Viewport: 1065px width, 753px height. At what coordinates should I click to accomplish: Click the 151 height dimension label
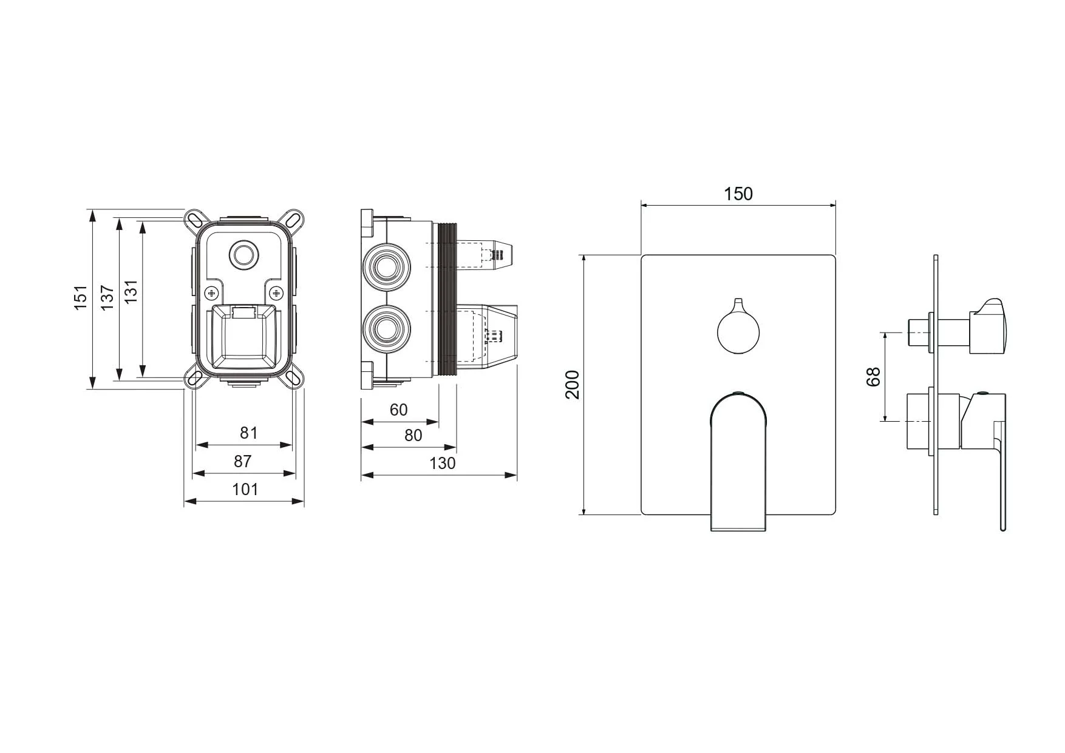pos(81,298)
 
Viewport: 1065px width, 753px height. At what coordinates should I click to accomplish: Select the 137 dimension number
pos(107,298)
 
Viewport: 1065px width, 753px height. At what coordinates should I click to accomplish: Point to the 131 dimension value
pos(131,291)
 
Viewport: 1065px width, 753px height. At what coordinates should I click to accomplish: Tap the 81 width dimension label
pos(249,433)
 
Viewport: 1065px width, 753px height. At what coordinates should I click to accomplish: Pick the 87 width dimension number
pos(243,461)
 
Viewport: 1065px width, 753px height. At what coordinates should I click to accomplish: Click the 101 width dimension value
pos(245,489)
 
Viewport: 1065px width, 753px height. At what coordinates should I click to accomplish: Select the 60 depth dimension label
pos(399,410)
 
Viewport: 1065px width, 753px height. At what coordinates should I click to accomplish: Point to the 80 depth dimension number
pos(413,436)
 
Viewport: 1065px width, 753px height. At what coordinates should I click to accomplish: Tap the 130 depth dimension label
pos(442,464)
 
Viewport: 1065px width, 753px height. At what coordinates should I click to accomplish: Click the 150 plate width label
pos(738,194)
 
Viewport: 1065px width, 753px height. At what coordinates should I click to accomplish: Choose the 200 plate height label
pos(573,385)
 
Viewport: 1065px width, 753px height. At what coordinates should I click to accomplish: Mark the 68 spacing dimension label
pos(873,377)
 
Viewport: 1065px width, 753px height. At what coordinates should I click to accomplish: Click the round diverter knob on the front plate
pos(738,330)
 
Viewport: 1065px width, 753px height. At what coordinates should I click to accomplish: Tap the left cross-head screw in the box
pos(212,293)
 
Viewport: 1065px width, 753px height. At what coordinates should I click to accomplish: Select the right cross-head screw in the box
pos(276,293)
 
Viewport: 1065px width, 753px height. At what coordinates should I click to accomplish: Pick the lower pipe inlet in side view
pos(386,329)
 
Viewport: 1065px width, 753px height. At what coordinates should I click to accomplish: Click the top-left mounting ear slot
pos(195,220)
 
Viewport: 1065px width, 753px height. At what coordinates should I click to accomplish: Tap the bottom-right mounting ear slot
pos(293,377)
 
